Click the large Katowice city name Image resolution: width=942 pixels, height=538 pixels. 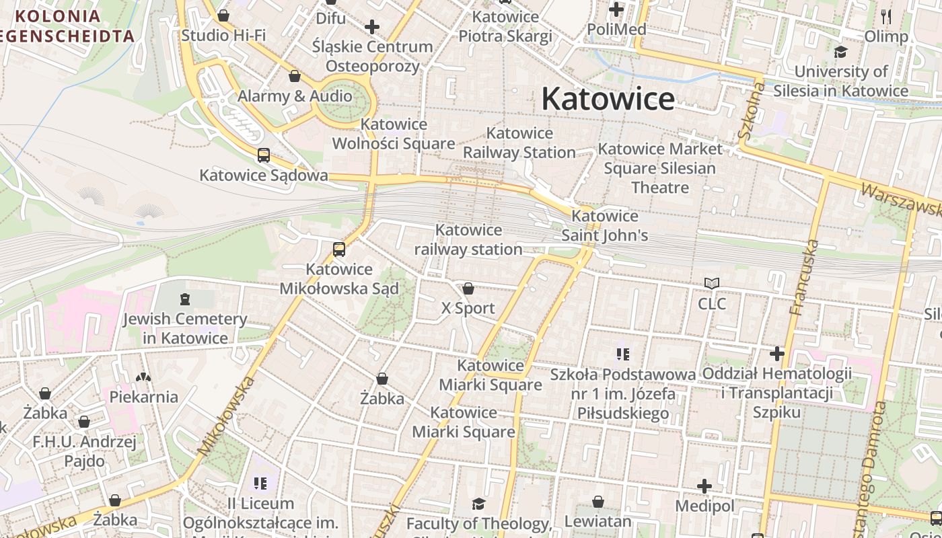(608, 99)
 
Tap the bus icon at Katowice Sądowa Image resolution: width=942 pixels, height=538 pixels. (264, 155)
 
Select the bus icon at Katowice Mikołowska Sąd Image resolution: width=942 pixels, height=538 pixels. (339, 249)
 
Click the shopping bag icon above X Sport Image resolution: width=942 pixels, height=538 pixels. (468, 289)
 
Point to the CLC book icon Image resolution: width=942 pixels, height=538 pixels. (712, 284)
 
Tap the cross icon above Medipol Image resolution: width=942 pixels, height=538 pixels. (704, 486)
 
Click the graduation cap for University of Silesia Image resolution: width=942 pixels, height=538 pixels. (840, 52)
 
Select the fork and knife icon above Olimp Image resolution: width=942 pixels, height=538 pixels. (886, 17)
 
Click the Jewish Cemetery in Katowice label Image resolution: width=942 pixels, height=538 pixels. (184, 328)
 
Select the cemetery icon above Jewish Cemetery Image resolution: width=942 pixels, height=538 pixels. (185, 299)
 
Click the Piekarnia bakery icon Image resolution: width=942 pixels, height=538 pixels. (143, 377)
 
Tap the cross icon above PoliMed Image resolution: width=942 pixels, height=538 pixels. (616, 9)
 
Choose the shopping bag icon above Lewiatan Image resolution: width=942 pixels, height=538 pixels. (597, 502)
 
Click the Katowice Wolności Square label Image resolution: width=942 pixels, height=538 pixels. (394, 134)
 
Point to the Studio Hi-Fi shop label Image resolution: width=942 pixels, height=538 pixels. (223, 35)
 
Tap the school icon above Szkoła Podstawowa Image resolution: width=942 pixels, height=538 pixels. (622, 354)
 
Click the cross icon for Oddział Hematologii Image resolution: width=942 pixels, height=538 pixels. (777, 354)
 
